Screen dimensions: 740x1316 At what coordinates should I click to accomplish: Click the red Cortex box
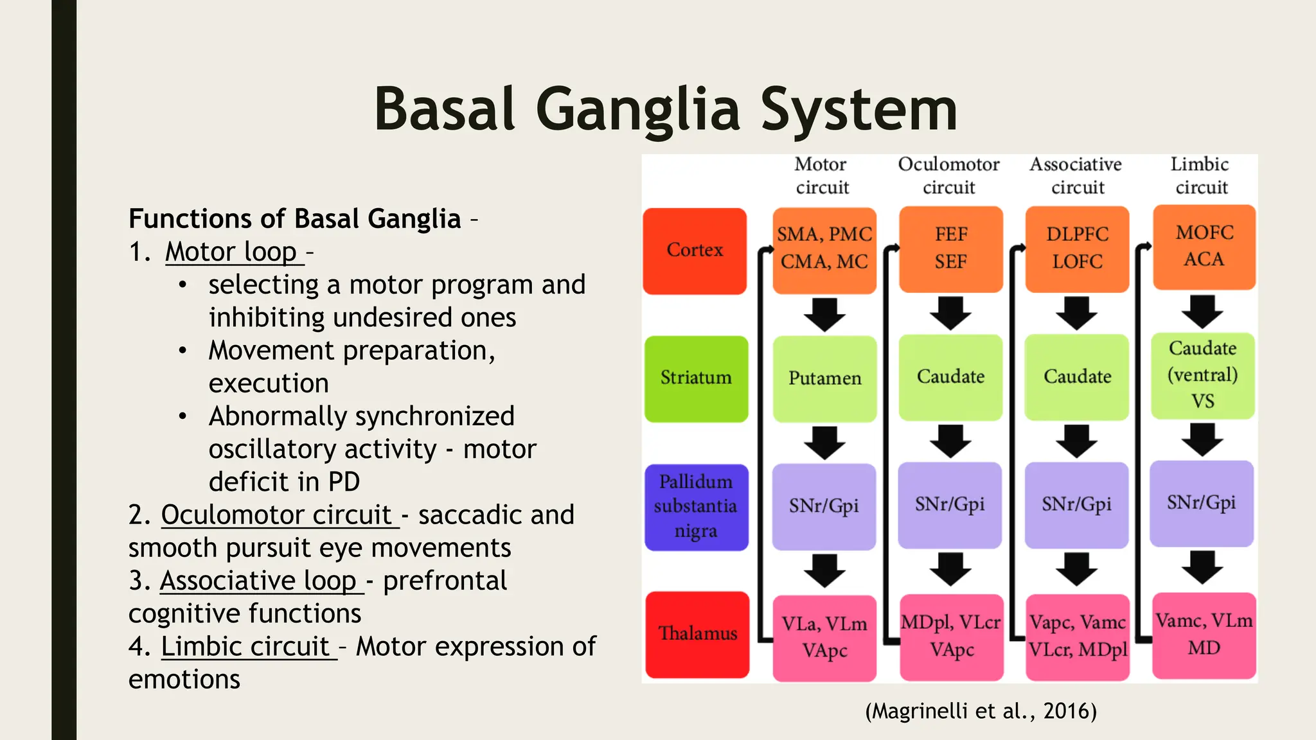(695, 251)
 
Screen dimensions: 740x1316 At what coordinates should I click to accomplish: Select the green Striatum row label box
(696, 378)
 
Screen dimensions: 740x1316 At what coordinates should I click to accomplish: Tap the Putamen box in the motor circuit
(824, 378)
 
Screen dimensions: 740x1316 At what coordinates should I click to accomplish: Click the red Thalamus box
(697, 634)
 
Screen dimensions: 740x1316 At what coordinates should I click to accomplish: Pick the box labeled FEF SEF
(950, 249)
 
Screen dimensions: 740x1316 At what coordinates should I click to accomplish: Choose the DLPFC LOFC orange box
(1077, 249)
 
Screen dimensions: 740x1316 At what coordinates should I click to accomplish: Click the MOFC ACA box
(1204, 247)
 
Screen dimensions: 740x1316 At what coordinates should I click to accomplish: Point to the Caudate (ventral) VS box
(1202, 375)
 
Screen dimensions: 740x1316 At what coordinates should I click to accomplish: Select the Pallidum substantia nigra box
(696, 507)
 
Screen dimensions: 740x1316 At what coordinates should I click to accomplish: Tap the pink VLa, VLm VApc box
(824, 637)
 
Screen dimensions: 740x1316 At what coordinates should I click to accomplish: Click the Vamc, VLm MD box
(1204, 635)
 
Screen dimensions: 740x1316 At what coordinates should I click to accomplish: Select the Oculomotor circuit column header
(948, 175)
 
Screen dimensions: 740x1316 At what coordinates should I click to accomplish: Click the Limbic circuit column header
(1200, 175)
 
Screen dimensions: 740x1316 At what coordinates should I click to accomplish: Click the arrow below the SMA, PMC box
(824, 314)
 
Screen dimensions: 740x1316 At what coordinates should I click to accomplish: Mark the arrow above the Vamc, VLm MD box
(1202, 567)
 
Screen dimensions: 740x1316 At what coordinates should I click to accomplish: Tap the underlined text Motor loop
(231, 252)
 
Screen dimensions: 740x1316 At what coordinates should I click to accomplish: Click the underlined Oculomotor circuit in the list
(276, 515)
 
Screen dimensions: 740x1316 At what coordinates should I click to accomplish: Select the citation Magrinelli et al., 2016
(981, 711)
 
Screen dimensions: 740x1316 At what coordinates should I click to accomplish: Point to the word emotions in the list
(184, 680)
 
